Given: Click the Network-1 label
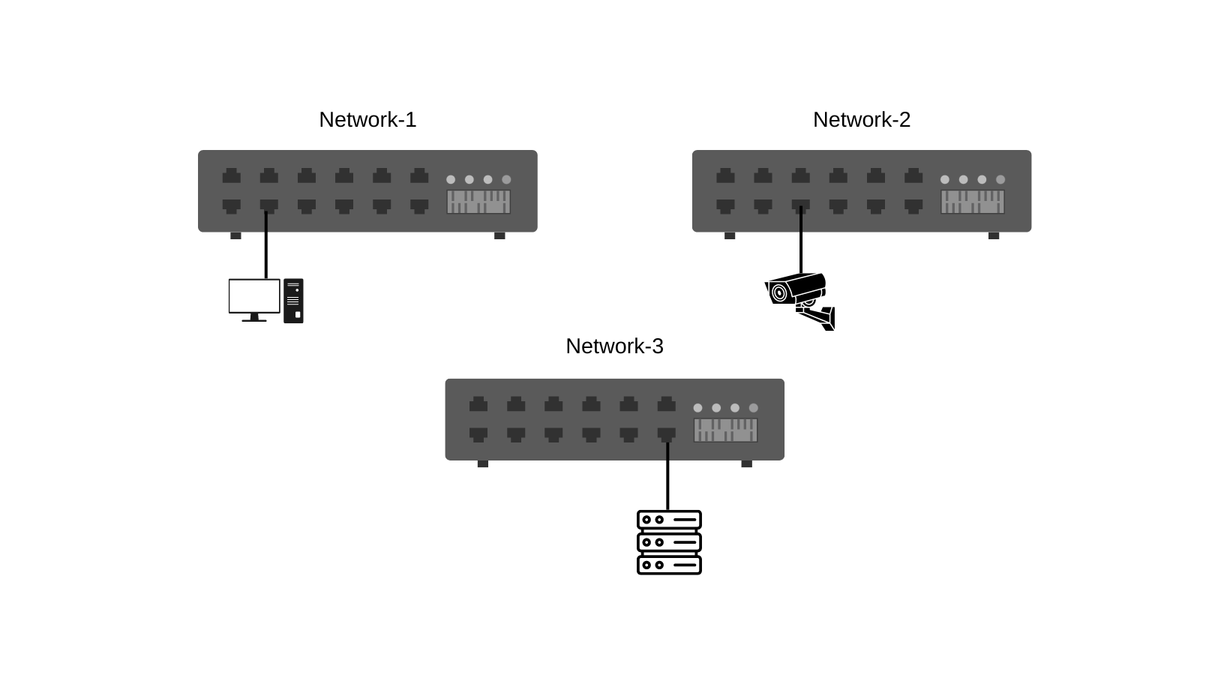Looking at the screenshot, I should [x=367, y=120].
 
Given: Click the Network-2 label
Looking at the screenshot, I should [x=861, y=120].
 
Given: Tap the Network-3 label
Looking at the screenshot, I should [x=614, y=346].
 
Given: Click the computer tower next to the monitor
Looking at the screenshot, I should [x=293, y=301].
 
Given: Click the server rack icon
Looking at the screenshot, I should [x=669, y=543].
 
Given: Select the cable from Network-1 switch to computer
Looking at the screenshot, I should [x=266, y=247].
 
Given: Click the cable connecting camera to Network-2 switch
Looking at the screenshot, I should [x=801, y=244].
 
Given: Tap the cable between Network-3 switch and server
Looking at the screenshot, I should [x=667, y=480].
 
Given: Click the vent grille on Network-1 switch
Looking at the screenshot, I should [x=478, y=202].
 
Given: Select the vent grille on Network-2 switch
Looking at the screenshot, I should [x=973, y=202].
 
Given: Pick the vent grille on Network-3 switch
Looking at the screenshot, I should [x=725, y=430].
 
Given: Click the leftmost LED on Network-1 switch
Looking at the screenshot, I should [x=451, y=179].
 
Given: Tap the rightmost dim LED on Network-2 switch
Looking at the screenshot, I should [x=1000, y=179].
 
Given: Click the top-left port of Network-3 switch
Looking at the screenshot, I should [x=478, y=405].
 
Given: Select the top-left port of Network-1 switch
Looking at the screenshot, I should [x=232, y=176].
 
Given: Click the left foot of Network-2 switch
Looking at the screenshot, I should [x=730, y=235].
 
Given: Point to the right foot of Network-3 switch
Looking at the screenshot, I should [x=746, y=463].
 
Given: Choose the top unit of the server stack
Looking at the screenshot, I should [x=669, y=520].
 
